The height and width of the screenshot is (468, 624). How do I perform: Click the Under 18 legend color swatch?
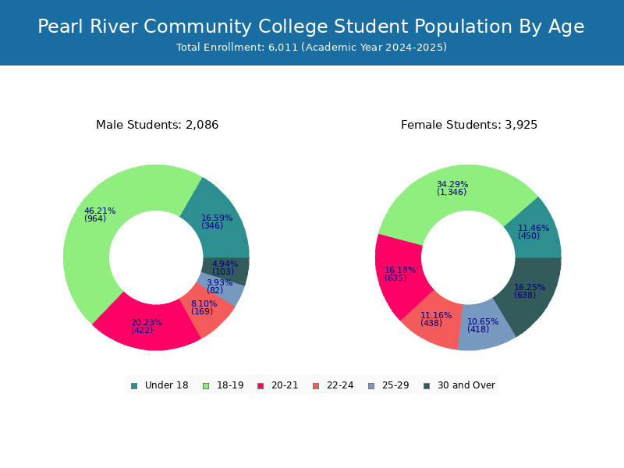pos(134,386)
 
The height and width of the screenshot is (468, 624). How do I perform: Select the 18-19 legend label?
pos(230,385)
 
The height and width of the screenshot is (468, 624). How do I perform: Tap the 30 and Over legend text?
pos(466,385)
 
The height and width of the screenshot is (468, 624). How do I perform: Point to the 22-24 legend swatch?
pos(316,386)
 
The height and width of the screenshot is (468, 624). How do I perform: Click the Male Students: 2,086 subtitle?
pos(158,125)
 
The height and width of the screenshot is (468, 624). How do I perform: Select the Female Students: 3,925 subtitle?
pos(470,125)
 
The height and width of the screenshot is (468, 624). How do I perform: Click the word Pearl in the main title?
pos(61,27)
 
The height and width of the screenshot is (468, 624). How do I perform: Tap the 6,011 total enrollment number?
pos(283,48)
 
